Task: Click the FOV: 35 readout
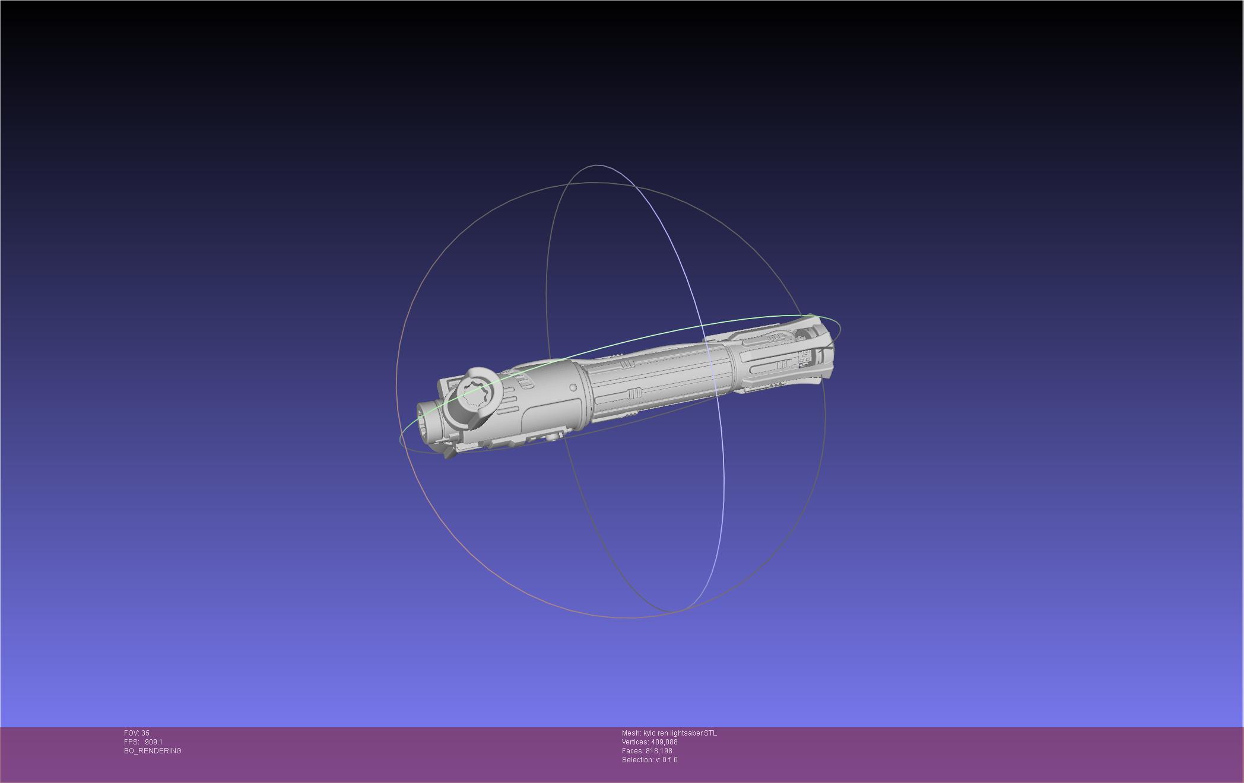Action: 137,733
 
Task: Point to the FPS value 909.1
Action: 154,742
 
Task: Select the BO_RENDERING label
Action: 153,751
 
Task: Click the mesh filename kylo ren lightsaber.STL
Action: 680,733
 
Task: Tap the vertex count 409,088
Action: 664,742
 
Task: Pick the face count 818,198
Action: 659,751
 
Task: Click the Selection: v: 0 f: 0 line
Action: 649,760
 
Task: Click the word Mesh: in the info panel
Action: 631,733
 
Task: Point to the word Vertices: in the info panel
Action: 636,742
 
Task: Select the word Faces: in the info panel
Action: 633,751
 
